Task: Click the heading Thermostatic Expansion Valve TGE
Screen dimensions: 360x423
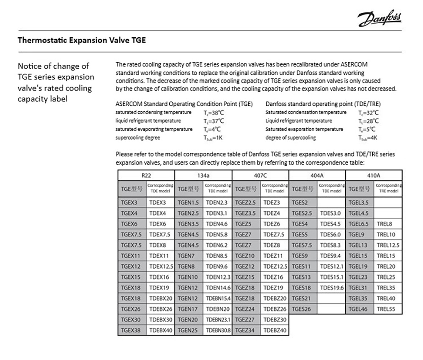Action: [x=82, y=41]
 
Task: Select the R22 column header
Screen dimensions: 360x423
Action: [x=146, y=175]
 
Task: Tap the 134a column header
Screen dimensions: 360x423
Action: [x=203, y=175]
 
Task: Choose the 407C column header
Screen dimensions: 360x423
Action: [x=261, y=175]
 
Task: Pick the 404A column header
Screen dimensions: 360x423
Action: [x=317, y=175]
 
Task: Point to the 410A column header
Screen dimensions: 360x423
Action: [x=374, y=175]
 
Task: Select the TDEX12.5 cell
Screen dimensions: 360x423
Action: [x=161, y=267]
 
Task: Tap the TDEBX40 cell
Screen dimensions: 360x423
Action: [x=161, y=330]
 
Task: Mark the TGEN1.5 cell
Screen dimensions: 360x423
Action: [x=189, y=203]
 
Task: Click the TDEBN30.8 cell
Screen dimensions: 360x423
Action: [x=218, y=330]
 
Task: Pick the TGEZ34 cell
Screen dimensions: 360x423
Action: [x=246, y=330]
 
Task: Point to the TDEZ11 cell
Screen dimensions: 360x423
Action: [x=275, y=256]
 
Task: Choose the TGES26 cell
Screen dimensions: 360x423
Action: [x=303, y=309]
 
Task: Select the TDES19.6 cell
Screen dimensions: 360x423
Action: [x=332, y=288]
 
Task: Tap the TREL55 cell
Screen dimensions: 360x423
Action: [x=388, y=309]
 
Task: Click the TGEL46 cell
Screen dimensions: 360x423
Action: [x=360, y=309]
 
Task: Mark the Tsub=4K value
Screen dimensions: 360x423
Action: [x=367, y=138]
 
